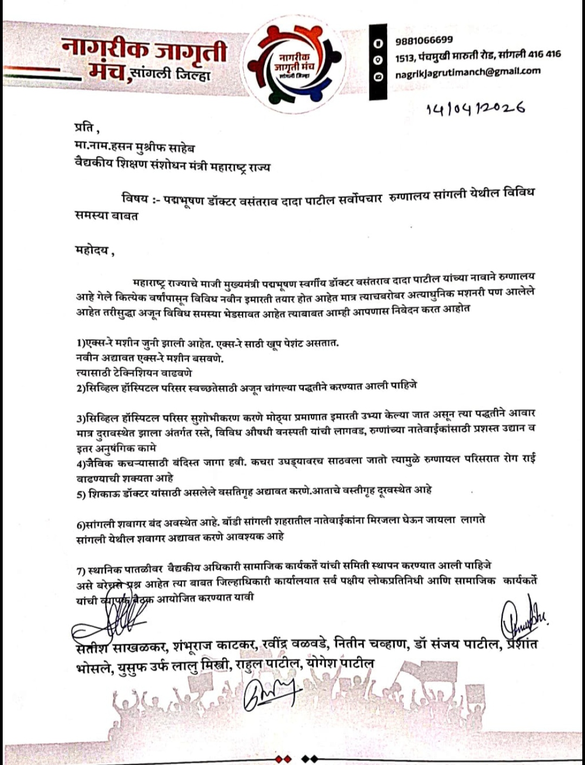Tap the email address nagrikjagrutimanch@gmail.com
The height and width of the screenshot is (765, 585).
[467, 72]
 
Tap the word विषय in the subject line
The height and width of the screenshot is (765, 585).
[134, 199]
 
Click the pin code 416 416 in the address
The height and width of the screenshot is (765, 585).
[544, 54]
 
